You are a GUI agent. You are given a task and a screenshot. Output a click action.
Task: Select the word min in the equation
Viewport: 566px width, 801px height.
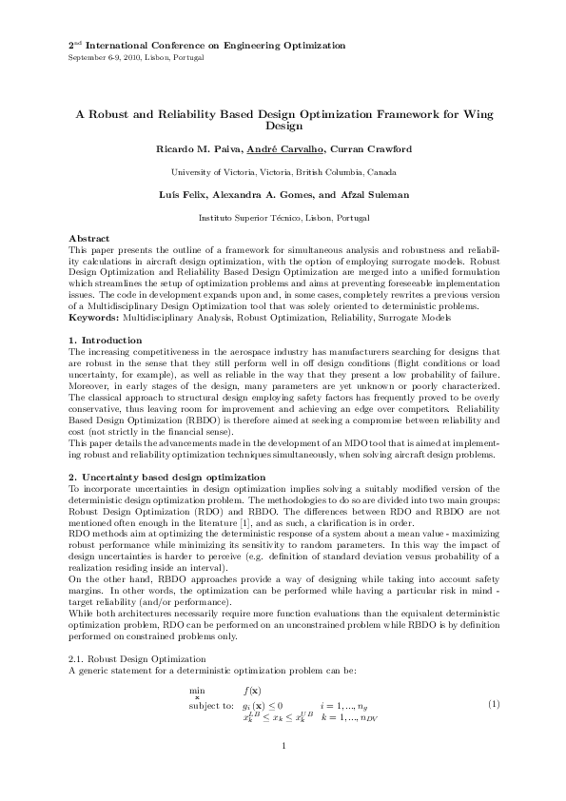[x=197, y=691]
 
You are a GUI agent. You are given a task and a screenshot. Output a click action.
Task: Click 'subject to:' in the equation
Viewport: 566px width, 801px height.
[x=211, y=705]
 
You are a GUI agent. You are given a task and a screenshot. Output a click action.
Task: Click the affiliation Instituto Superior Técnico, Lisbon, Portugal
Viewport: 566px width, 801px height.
[x=283, y=218]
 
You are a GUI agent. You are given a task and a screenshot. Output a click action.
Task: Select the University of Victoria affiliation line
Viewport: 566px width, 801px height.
[x=283, y=172]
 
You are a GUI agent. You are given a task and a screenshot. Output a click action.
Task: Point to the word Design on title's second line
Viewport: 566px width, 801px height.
[x=283, y=126]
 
